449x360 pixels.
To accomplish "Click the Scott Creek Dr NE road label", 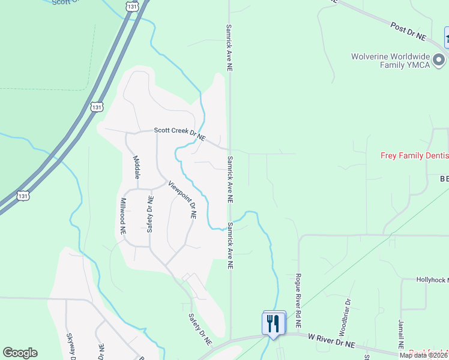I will pos(179,133).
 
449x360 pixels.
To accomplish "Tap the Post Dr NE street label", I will pos(408,32).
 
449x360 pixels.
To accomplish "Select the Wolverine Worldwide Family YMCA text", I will pos(391,61).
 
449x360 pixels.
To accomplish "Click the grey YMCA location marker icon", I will pos(439,60).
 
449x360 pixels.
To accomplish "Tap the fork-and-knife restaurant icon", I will pos(274,324).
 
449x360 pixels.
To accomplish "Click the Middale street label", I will pos(136,168).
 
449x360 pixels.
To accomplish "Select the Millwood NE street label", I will pos(123,215).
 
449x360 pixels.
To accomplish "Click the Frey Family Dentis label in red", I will pos(414,155).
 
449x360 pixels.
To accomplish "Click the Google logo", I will pos(20,353).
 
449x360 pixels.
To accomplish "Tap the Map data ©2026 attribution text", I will pos(423,355).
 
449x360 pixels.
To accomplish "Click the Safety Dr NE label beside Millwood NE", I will pos(150,214).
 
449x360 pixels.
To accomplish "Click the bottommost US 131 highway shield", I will pos(23,196).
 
